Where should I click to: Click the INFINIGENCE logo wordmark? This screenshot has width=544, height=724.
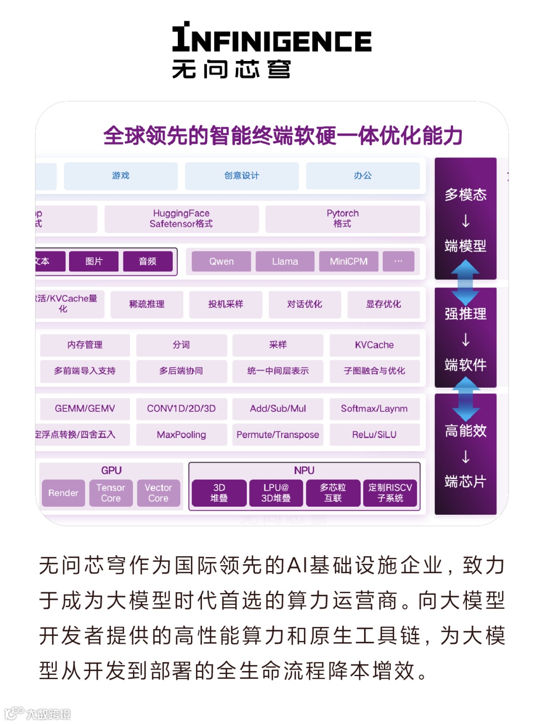click(x=272, y=39)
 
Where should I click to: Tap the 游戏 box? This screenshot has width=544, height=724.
click(x=121, y=175)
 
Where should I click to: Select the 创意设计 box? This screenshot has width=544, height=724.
click(x=242, y=175)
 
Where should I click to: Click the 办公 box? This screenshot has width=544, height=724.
click(x=363, y=175)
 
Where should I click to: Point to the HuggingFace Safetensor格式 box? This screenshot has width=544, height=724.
click(x=181, y=219)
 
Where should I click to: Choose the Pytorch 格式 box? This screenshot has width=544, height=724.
click(x=343, y=219)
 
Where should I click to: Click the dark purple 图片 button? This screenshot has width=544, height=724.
click(x=94, y=261)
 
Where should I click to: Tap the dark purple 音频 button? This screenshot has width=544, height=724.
click(x=148, y=261)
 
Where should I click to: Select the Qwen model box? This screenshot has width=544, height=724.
click(x=222, y=262)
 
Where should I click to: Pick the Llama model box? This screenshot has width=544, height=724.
click(x=285, y=262)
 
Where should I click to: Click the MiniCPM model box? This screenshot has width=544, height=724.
click(x=349, y=262)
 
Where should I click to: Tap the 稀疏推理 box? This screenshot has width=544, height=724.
click(x=147, y=304)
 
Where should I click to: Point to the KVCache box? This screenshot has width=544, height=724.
click(x=374, y=345)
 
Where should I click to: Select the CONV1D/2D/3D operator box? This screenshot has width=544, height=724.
click(x=181, y=408)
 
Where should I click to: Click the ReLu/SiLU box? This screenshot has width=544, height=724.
click(x=374, y=435)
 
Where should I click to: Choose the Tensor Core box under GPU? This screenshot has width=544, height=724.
click(x=111, y=493)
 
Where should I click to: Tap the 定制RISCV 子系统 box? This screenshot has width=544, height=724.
click(x=390, y=493)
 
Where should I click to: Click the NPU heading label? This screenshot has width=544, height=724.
click(x=304, y=470)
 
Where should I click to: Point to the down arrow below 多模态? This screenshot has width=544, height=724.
click(x=466, y=221)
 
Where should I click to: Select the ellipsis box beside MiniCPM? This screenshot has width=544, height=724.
click(x=398, y=261)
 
